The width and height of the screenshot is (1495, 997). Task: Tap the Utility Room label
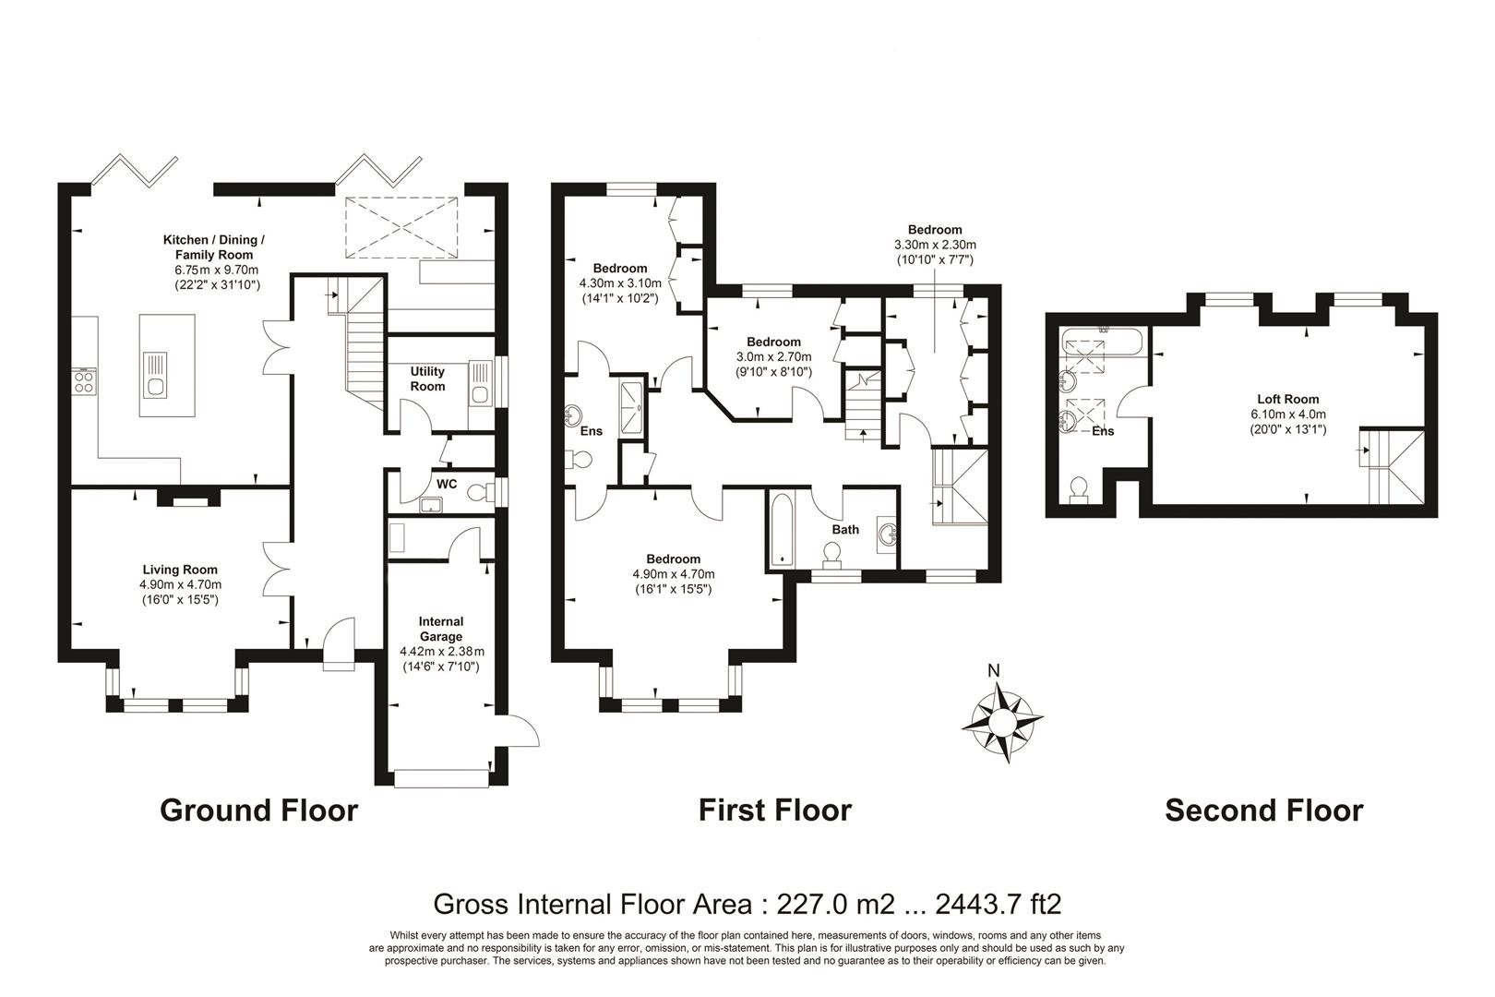point(427,378)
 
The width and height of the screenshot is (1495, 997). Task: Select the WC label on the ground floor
point(447,484)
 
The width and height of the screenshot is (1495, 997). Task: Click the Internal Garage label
point(441,629)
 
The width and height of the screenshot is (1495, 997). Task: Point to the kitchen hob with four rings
point(84,380)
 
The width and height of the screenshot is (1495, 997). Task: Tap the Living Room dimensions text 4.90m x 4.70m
point(180,584)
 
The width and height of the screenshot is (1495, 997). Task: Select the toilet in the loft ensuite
point(1078,489)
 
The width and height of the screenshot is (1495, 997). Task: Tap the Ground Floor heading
point(258,811)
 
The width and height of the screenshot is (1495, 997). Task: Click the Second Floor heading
point(1263,811)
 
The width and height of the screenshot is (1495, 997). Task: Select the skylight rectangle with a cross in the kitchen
point(401,227)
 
